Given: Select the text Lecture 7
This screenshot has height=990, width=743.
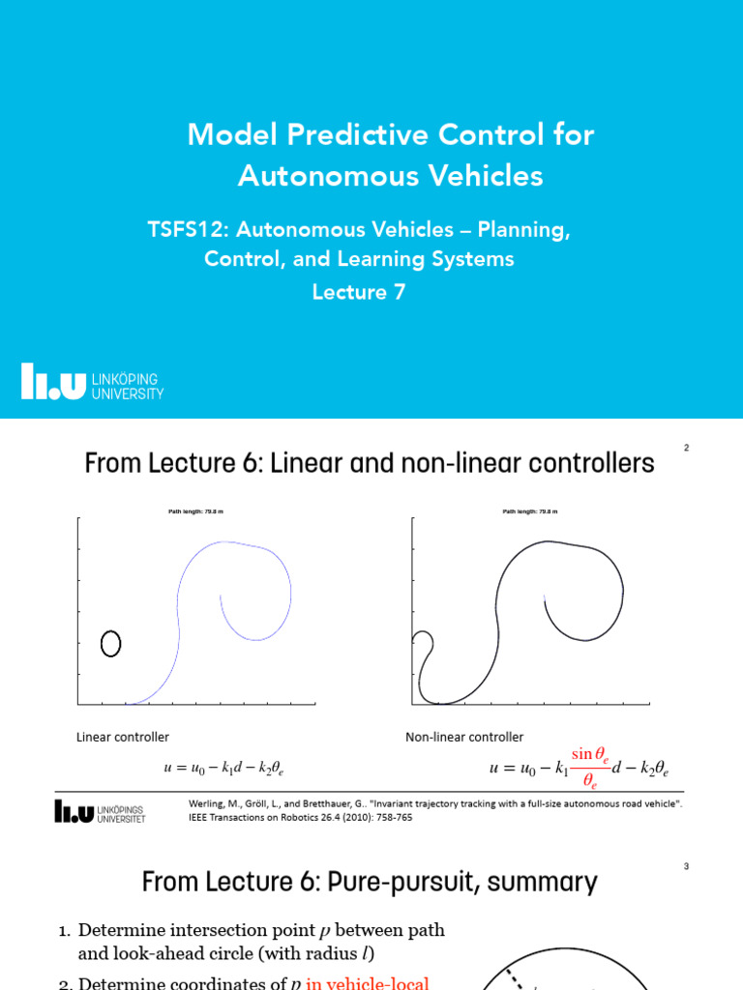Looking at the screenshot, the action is (358, 292).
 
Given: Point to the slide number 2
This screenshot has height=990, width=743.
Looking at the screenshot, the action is (686, 448).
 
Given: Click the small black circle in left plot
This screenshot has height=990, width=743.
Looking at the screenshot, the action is (110, 643).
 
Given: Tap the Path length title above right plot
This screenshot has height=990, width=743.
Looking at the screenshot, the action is (528, 512).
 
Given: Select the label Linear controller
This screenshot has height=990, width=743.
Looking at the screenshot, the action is (123, 737).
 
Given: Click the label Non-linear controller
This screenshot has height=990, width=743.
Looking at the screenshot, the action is (464, 737).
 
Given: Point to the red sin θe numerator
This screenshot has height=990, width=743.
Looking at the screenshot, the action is (589, 753).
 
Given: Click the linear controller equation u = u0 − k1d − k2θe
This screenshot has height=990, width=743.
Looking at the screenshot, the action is (223, 769).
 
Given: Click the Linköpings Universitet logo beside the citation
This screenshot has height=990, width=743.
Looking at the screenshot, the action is (100, 810).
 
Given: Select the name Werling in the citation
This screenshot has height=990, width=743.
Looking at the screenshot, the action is (208, 803).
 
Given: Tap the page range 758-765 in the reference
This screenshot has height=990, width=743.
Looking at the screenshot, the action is (388, 817).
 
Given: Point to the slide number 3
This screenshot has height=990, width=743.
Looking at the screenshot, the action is (686, 866).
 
